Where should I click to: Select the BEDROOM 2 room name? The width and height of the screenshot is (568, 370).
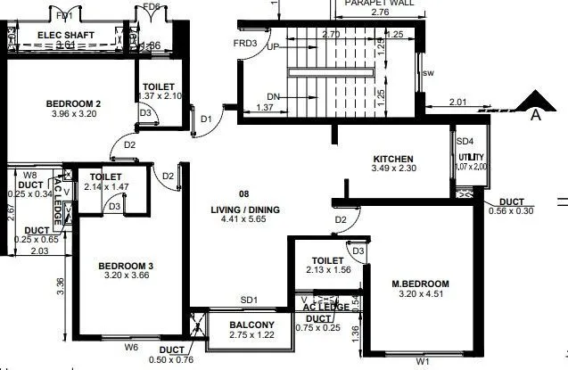(x=73, y=104)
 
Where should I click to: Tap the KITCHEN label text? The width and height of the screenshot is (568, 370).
(x=392, y=160)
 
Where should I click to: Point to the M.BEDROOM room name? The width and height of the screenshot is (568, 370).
(x=421, y=284)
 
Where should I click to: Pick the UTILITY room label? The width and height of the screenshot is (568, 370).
(x=471, y=158)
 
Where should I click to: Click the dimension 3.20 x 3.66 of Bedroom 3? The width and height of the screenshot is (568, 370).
(x=126, y=276)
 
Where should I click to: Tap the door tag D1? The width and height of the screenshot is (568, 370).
(x=206, y=119)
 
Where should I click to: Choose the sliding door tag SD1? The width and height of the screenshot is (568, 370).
(x=248, y=300)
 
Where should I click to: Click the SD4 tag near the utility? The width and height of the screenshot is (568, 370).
(x=465, y=140)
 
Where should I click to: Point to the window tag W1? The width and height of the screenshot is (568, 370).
(x=423, y=362)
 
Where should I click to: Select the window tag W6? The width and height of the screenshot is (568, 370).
(x=131, y=347)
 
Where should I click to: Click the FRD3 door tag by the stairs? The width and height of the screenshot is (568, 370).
(x=246, y=43)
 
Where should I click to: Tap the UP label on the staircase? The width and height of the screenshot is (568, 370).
(x=274, y=47)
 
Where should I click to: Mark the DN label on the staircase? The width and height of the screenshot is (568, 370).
(x=275, y=97)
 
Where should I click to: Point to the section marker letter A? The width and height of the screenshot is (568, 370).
(x=536, y=113)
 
